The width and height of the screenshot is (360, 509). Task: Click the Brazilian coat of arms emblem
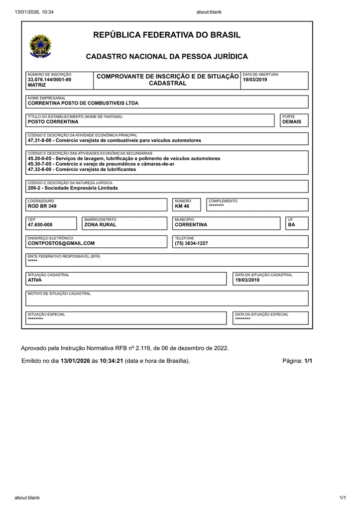click(x=40, y=46)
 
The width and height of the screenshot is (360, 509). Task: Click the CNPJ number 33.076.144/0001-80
click(x=49, y=80)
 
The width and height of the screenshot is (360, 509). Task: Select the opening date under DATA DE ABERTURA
click(x=255, y=80)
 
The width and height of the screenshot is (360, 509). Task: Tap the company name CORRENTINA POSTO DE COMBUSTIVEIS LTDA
click(x=83, y=103)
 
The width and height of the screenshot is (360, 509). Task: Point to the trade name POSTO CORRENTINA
click(x=53, y=122)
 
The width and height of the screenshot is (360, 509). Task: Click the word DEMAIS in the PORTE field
click(x=292, y=122)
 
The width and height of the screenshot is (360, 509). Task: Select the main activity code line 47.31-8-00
click(x=114, y=141)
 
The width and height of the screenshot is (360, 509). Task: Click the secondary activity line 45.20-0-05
click(x=123, y=159)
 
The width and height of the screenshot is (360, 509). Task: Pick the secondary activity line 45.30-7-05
click(x=101, y=164)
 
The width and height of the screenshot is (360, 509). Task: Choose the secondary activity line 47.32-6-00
click(x=82, y=169)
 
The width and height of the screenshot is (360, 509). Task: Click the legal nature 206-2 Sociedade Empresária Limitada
click(x=73, y=188)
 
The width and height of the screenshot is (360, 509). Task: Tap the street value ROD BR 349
click(x=42, y=206)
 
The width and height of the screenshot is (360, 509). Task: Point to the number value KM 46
click(x=182, y=206)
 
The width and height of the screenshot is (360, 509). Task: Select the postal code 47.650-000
click(x=40, y=225)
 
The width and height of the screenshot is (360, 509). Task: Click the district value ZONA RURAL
click(x=100, y=225)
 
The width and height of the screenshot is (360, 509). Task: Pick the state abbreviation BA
click(x=291, y=225)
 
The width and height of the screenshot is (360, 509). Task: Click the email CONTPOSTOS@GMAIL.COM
click(x=61, y=243)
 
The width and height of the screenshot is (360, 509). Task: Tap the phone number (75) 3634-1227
click(x=191, y=243)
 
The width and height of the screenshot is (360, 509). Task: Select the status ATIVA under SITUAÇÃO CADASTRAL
click(x=35, y=280)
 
